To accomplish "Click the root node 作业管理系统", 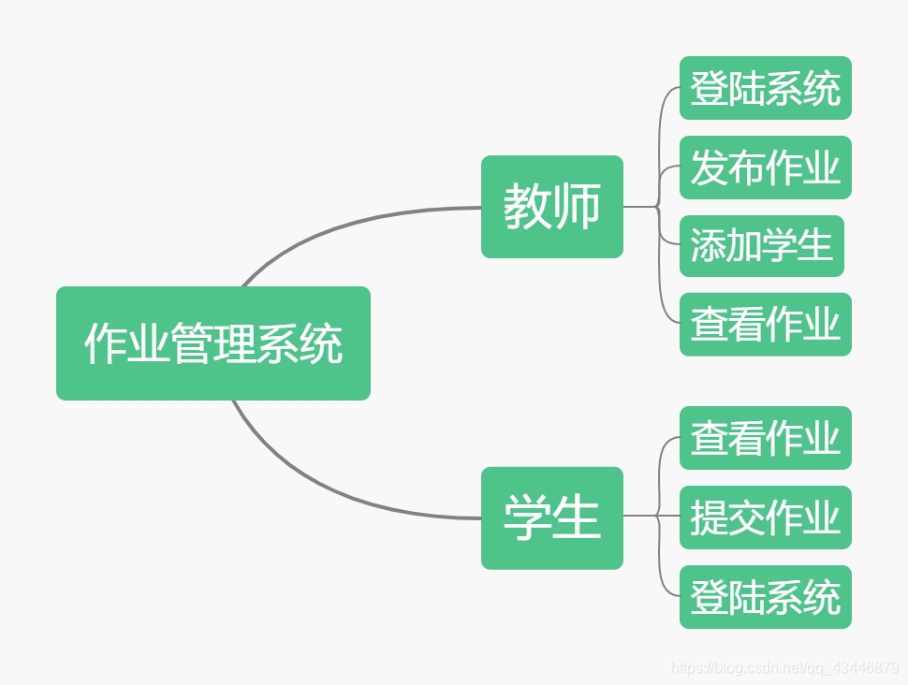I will [213, 343].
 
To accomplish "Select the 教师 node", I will [551, 207].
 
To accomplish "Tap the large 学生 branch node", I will [551, 517].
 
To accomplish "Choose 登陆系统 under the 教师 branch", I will [765, 88].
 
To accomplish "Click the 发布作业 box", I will [765, 168].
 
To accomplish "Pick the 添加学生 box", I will [761, 246].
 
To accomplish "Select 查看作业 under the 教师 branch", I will [765, 325].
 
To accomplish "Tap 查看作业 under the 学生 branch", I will [765, 438].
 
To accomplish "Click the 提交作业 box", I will [765, 517].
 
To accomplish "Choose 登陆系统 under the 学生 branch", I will [765, 597].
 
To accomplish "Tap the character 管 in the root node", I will [192, 343].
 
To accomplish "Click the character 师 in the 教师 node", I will [577, 207].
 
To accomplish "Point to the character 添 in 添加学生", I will [708, 246].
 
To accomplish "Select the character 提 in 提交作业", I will [709, 517].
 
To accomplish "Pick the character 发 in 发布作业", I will [709, 168].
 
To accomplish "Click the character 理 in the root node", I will [235, 343].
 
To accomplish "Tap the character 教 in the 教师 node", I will [527, 207].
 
